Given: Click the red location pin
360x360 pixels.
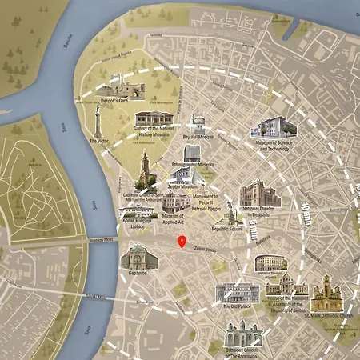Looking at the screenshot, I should [182, 242].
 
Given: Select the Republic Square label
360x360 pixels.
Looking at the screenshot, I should [227, 228].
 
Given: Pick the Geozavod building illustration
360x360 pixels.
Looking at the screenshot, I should [134, 256].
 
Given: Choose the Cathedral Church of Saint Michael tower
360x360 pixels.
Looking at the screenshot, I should [145, 170].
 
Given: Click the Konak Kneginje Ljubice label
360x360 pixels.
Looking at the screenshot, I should [138, 224].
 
